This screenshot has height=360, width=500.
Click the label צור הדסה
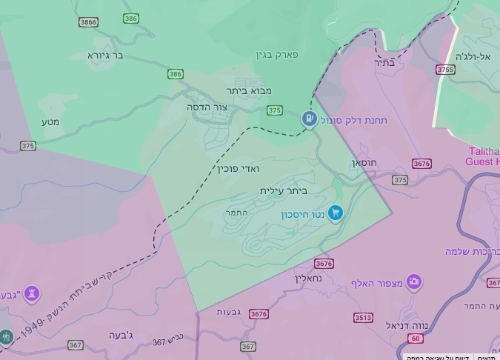pyautogui.click(x=207, y=107)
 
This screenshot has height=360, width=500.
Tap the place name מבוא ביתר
pyautogui.click(x=249, y=90)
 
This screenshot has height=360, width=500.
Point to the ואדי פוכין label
pyautogui.click(x=239, y=168)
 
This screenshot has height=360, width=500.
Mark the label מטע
pyautogui.click(x=51, y=121)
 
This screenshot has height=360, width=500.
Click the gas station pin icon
pyautogui.click(x=309, y=118)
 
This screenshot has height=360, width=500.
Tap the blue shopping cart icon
pyautogui.click(x=336, y=213)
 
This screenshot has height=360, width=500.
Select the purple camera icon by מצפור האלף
pyautogui.click(x=414, y=282)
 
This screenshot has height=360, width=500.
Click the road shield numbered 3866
pyautogui.click(x=88, y=22)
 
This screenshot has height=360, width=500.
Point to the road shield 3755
pyautogui.click(x=445, y=70)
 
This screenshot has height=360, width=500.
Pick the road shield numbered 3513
pyautogui.click(x=363, y=318)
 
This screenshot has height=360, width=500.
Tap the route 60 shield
pyautogui.click(x=415, y=339)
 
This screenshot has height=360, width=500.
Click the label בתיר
pyautogui.click(x=385, y=62)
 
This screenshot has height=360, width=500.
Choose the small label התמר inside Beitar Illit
pyautogui.click(x=236, y=213)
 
